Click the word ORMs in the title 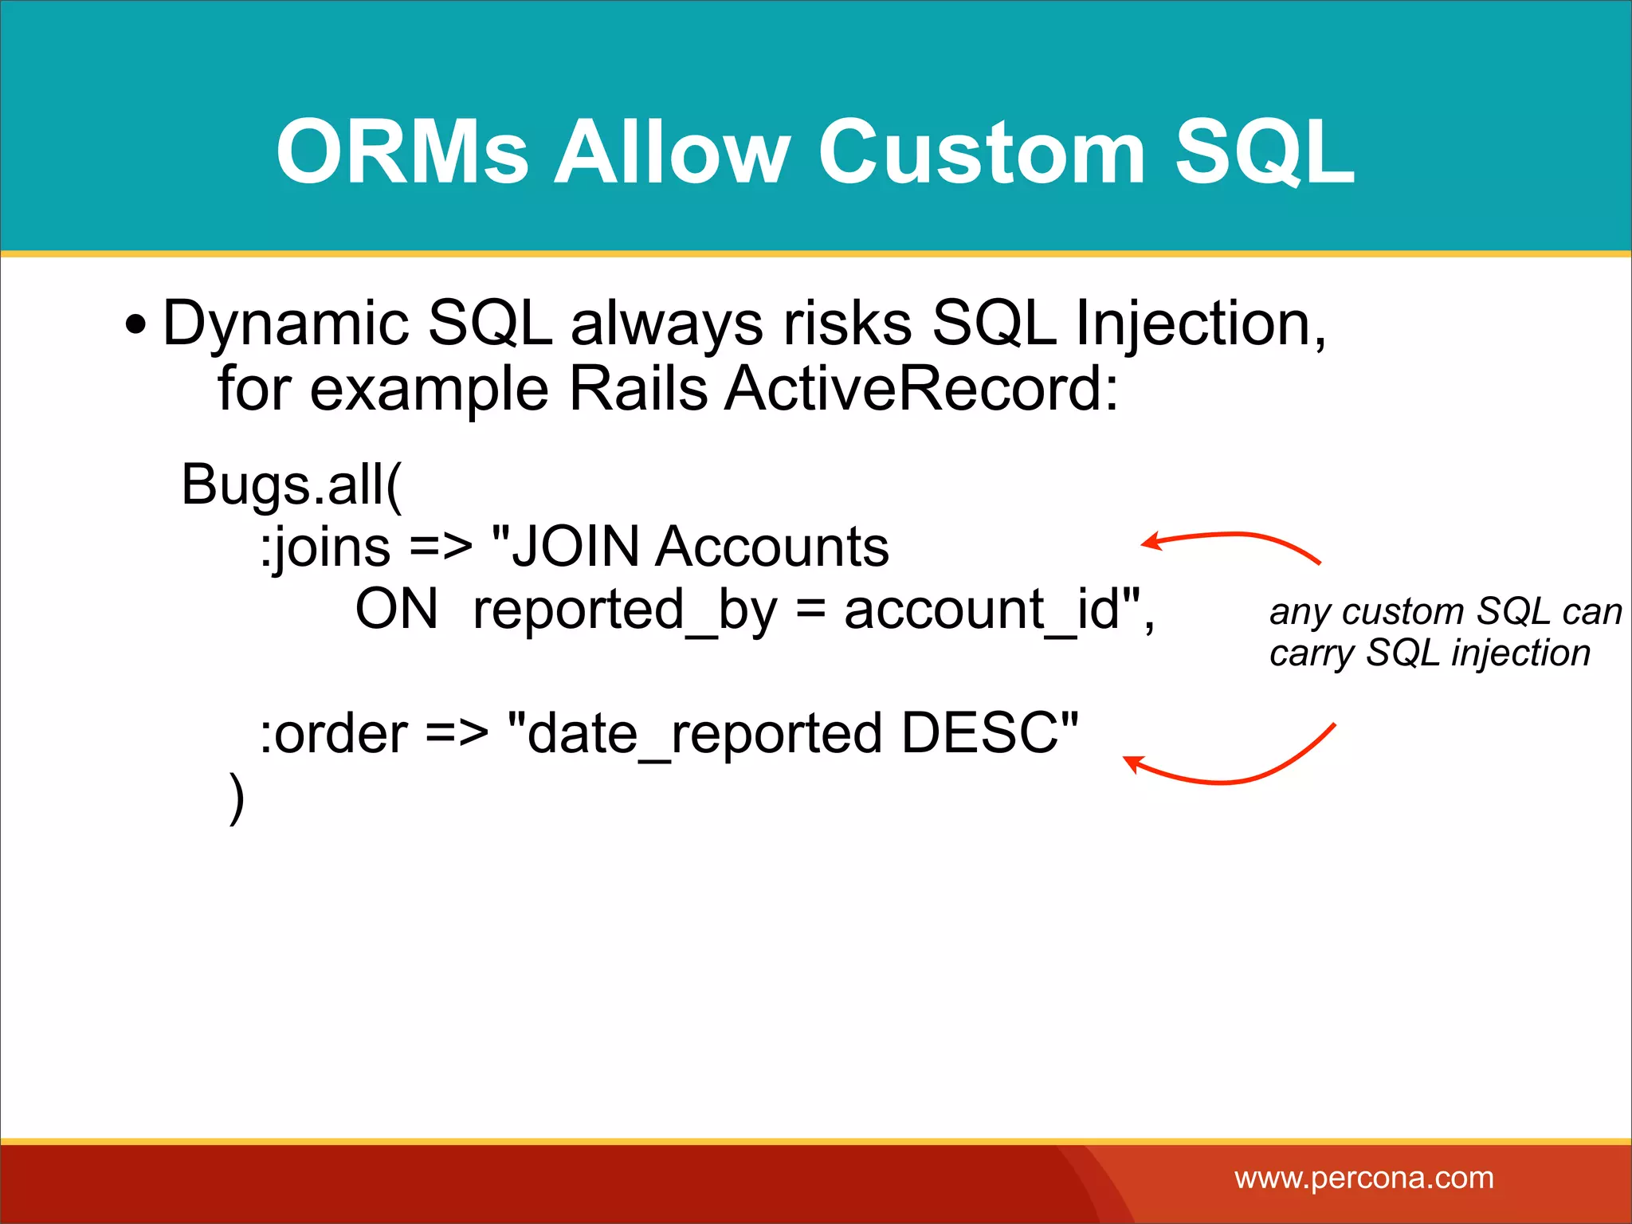(x=402, y=151)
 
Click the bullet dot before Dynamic (x=136, y=325)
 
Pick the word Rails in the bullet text (x=638, y=389)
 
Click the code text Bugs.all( (x=292, y=484)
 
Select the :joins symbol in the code (x=325, y=548)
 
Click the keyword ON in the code (x=396, y=610)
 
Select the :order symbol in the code (x=334, y=734)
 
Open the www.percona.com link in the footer (x=1363, y=1178)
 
